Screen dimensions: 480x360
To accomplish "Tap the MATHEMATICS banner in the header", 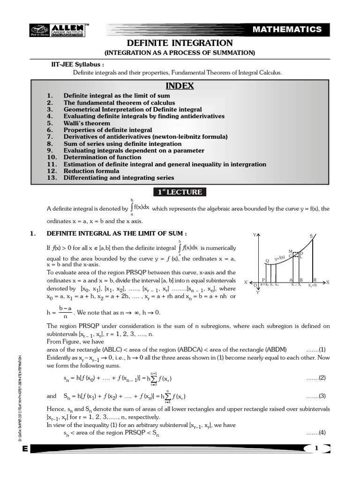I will click(287, 30).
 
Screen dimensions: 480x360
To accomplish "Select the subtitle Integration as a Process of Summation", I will click(180, 53).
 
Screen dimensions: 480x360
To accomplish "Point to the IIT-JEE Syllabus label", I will click(77, 65).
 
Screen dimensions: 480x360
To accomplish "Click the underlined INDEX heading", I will click(180, 86).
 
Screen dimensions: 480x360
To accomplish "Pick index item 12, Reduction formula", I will click(92, 171).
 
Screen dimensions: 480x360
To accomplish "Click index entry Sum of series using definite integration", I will click(122, 144).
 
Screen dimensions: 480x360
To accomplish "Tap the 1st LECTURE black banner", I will click(180, 192).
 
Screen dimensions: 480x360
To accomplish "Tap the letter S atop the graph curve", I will click(311, 236).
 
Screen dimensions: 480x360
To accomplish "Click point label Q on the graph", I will click(267, 261).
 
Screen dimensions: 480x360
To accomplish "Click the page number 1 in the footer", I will click(316, 449).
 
